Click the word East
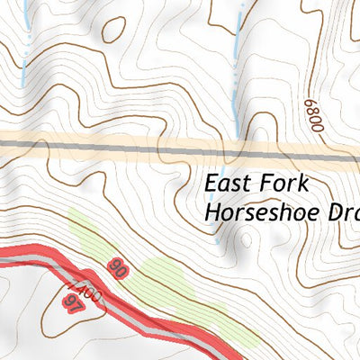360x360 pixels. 227,184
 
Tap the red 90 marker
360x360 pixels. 116,266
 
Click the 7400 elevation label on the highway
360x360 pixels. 87,293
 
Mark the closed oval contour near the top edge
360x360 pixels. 114,29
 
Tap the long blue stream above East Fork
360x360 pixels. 237,63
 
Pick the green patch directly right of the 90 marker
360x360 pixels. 162,274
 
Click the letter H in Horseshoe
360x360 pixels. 212,213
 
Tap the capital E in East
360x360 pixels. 211,184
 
